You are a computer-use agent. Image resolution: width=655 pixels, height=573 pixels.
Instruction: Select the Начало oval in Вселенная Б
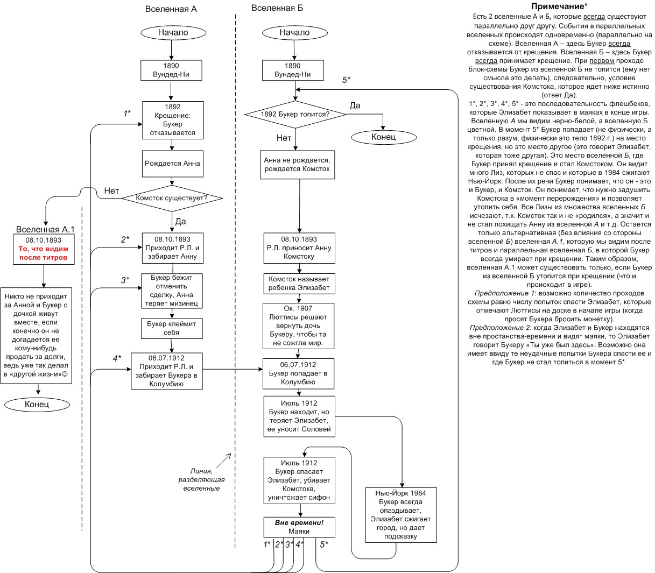(294, 32)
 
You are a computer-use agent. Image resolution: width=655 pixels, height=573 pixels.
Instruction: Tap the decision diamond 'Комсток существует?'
(172, 199)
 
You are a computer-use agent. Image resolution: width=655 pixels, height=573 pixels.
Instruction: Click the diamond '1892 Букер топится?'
(295, 114)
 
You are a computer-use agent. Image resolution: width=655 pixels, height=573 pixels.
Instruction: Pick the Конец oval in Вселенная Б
(383, 137)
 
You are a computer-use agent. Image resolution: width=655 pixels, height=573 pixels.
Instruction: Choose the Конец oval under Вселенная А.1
(37, 404)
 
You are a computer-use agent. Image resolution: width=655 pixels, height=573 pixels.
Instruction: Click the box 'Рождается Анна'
(172, 163)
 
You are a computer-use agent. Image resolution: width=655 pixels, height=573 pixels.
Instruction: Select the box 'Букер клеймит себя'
(172, 328)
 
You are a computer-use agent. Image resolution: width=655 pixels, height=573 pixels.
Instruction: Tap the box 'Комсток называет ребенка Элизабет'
(299, 284)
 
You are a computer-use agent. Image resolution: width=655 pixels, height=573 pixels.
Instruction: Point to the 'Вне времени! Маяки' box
(299, 527)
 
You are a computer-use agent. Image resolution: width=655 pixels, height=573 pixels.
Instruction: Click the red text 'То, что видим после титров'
(44, 253)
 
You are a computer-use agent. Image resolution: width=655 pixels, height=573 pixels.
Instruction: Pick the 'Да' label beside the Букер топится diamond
(355, 105)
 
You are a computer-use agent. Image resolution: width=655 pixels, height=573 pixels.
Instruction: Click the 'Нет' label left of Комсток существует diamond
(111, 190)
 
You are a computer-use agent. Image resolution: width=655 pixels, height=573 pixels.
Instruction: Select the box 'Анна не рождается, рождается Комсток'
(297, 165)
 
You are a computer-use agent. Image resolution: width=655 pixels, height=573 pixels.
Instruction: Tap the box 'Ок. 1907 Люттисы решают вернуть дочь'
(299, 325)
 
